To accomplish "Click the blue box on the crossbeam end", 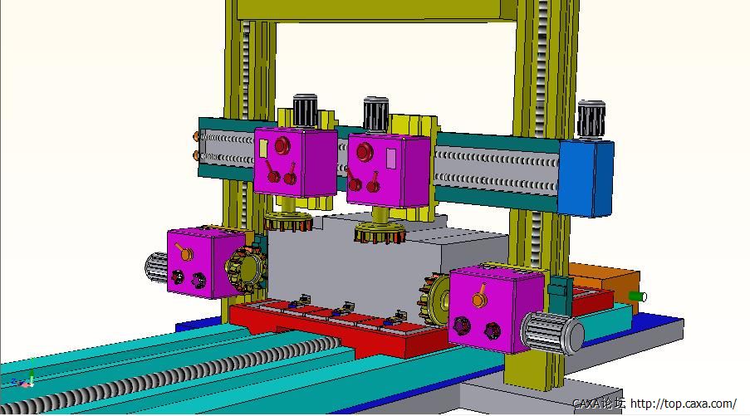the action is [586, 178].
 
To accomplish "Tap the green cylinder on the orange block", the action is [638, 296].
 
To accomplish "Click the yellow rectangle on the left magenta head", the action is [263, 149].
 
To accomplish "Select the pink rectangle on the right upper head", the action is [391, 159].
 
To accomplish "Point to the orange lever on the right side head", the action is [480, 296].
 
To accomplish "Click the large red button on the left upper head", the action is [282, 144].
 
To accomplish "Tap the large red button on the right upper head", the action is [364, 151].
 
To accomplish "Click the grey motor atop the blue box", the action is [591, 120].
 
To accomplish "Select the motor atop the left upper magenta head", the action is [305, 111].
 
